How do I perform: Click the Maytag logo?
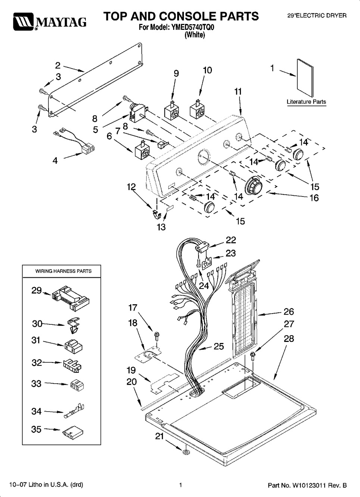pyautogui.click(x=50, y=22)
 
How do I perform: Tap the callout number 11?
pyautogui.click(x=238, y=92)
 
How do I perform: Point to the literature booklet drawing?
pyautogui.click(x=305, y=78)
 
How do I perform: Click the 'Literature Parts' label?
pyautogui.click(x=306, y=102)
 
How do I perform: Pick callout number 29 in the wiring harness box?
pyautogui.click(x=37, y=290)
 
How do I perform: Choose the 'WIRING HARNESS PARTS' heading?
pyautogui.click(x=63, y=271)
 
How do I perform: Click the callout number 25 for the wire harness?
pyautogui.click(x=219, y=346)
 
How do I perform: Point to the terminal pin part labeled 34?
pyautogui.click(x=74, y=411)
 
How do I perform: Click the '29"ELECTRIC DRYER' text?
pyautogui.click(x=317, y=16)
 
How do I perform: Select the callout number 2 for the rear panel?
pyautogui.click(x=58, y=66)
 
